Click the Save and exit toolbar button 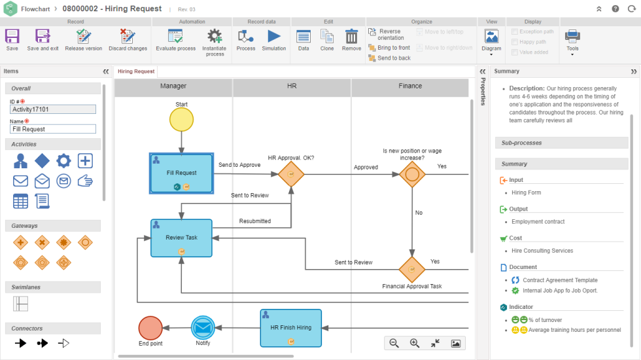pyautogui.click(x=43, y=39)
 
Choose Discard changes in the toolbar pyautogui.click(x=128, y=39)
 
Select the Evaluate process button pyautogui.click(x=175, y=39)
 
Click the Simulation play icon pyautogui.click(x=273, y=39)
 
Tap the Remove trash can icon pyautogui.click(x=351, y=39)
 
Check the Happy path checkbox pyautogui.click(x=515, y=42)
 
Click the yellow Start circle pyautogui.click(x=181, y=120)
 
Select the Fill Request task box pyautogui.click(x=182, y=173)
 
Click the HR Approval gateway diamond pyautogui.click(x=291, y=175)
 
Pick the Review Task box pyautogui.click(x=182, y=238)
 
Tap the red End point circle pyautogui.click(x=150, y=327)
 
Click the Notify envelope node pyautogui.click(x=203, y=327)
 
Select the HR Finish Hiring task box pyautogui.click(x=290, y=327)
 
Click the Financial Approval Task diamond pyautogui.click(x=412, y=268)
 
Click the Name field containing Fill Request pyautogui.click(x=53, y=130)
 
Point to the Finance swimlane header pyautogui.click(x=410, y=86)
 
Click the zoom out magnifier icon pyautogui.click(x=394, y=343)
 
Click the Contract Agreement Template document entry pyautogui.click(x=559, y=280)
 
